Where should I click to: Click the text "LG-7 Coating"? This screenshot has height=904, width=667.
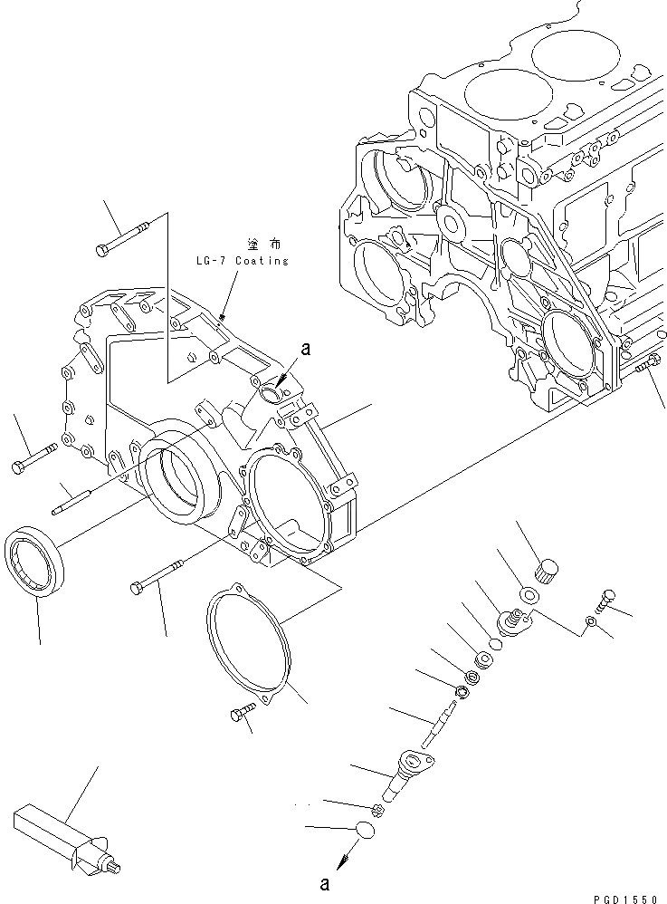[241, 261]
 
